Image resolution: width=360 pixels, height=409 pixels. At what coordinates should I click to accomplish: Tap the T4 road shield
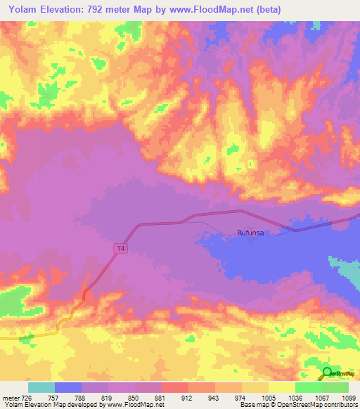pyautogui.click(x=121, y=248)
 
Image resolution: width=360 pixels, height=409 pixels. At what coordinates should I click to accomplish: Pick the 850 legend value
pyautogui.click(x=121, y=398)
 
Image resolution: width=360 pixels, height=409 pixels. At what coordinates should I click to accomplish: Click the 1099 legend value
pyautogui.click(x=340, y=398)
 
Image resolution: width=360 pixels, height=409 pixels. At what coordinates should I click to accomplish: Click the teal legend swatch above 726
pyautogui.click(x=41, y=387)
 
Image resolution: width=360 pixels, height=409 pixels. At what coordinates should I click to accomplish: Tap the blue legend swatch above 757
pyautogui.click(x=67, y=387)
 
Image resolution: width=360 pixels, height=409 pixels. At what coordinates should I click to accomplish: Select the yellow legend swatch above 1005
pyautogui.click(x=281, y=387)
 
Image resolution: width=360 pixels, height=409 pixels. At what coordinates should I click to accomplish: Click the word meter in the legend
pyautogui.click(x=10, y=398)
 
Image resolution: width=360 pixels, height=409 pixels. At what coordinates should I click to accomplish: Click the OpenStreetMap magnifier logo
pyautogui.click(x=327, y=373)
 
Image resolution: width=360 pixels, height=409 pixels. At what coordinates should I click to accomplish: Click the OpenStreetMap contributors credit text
pyautogui.click(x=314, y=405)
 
